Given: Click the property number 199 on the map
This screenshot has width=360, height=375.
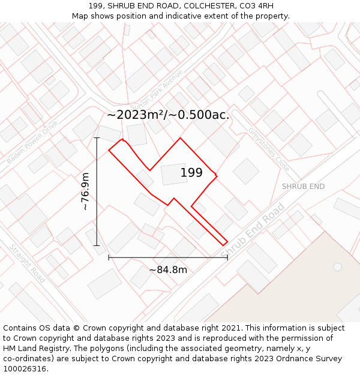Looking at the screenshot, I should tap(191, 173).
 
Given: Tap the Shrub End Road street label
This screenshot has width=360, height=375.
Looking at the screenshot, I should tap(253, 232).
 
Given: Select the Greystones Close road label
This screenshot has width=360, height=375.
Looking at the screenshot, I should tap(268, 149).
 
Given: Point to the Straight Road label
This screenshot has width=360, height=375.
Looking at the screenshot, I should tap(27, 263).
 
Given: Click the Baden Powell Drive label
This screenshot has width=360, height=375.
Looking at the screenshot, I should tap(32, 142).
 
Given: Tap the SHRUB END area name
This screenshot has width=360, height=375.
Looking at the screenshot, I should tap(303, 187).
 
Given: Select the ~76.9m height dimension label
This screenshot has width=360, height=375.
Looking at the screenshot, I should tap(85, 191).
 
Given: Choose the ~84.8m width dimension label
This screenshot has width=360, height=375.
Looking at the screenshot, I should tap(168, 269).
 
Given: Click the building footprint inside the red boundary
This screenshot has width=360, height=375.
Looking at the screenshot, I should tap(174, 174).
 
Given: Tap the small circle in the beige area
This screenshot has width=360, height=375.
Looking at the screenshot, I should tap(337, 266).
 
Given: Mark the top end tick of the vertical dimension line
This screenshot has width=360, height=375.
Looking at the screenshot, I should tap(97, 138).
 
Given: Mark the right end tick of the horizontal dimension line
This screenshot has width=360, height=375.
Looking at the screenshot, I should tap(227, 257).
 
